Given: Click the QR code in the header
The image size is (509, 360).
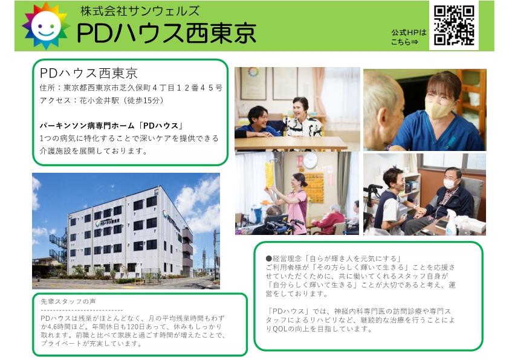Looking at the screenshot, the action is [454, 25].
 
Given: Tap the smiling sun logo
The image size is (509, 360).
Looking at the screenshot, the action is [46, 26].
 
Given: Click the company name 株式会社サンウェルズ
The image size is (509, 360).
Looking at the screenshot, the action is [140, 11].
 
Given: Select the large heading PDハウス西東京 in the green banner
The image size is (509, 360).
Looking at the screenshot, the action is [166, 33].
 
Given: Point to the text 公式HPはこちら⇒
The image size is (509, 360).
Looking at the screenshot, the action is [409, 37].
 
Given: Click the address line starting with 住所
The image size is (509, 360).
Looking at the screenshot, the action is [131, 88].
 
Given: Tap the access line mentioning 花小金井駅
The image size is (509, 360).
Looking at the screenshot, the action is [102, 100].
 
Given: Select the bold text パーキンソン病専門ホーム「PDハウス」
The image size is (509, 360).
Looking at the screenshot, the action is [112, 126].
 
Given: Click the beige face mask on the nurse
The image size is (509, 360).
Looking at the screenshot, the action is [441, 108].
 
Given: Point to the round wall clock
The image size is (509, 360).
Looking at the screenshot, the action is [310, 160].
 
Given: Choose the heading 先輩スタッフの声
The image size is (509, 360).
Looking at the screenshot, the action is [68, 301].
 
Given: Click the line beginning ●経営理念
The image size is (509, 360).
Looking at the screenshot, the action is [333, 259].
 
